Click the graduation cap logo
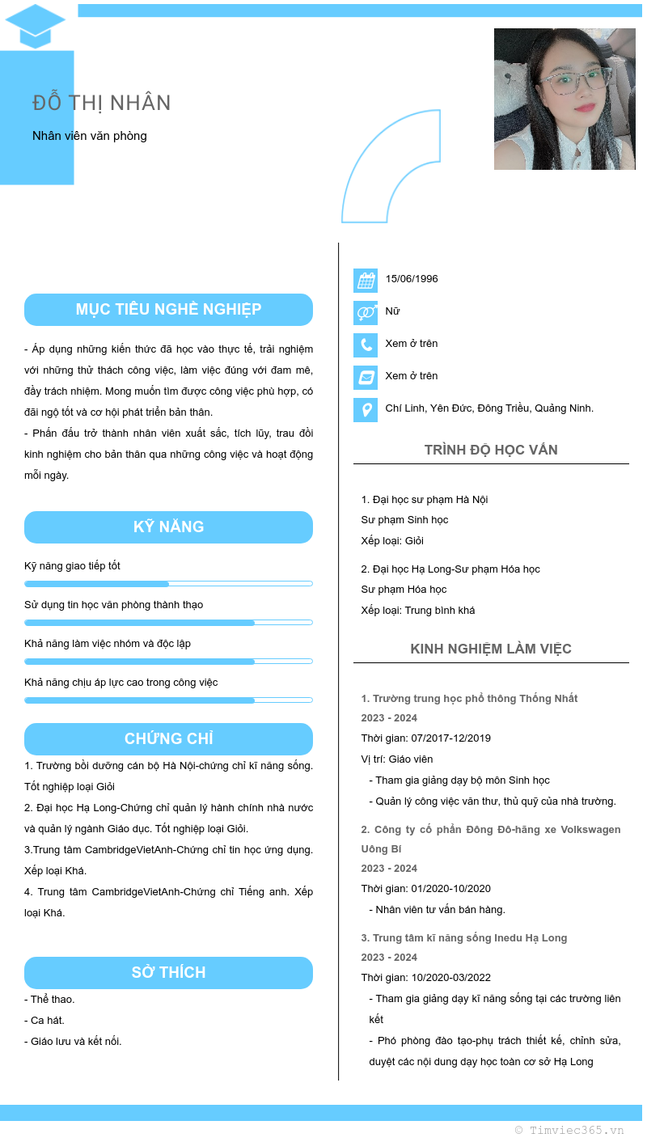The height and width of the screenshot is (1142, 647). pos(35,26)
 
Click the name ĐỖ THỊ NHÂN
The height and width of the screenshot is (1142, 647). pos(102,103)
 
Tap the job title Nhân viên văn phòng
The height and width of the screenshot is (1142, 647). pos(90,136)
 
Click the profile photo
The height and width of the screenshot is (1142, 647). pos(565,99)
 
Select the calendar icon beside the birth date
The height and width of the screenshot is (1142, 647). pos(366,281)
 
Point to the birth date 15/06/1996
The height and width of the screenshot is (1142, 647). pos(412,279)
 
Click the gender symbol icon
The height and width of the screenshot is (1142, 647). pos(366,313)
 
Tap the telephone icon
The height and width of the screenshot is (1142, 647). pos(366,345)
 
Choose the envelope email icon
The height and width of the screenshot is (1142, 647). pos(366,378)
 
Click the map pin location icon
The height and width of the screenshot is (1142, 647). pos(366,410)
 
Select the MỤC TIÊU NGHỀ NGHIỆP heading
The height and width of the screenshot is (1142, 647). pos(168,310)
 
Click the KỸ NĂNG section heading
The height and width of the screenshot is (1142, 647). pos(168,527)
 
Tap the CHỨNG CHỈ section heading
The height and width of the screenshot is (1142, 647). pos(168,739)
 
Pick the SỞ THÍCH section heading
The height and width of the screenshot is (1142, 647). pos(168,973)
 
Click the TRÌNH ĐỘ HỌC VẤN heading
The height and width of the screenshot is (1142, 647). pos(491,450)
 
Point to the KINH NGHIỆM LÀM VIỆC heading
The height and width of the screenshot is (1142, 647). pos(491,649)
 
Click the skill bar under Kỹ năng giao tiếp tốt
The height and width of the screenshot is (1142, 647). pos(168,583)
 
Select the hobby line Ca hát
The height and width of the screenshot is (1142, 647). pos(44,1021)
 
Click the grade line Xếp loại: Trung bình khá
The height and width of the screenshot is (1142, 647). pos(417,611)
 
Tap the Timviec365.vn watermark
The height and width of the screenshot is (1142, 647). pos(569,1131)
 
